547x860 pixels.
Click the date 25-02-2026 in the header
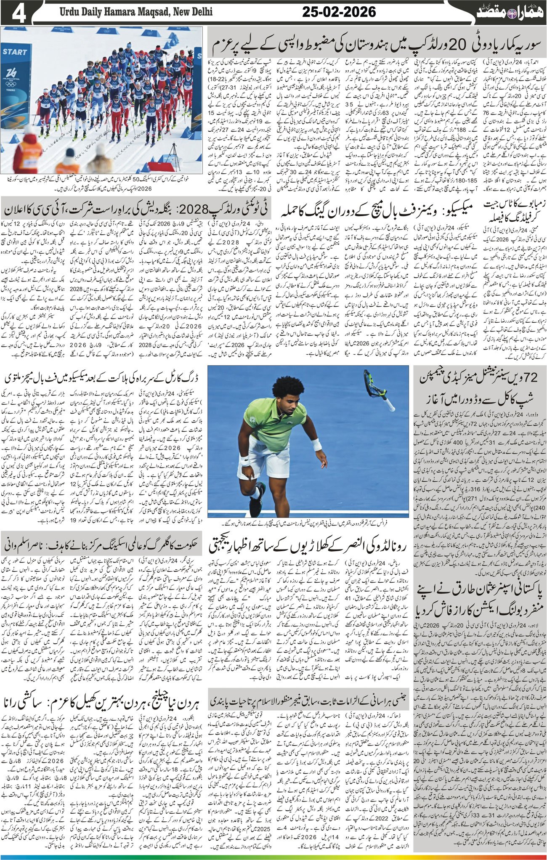[339, 12]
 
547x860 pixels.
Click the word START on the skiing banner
[15, 52]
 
